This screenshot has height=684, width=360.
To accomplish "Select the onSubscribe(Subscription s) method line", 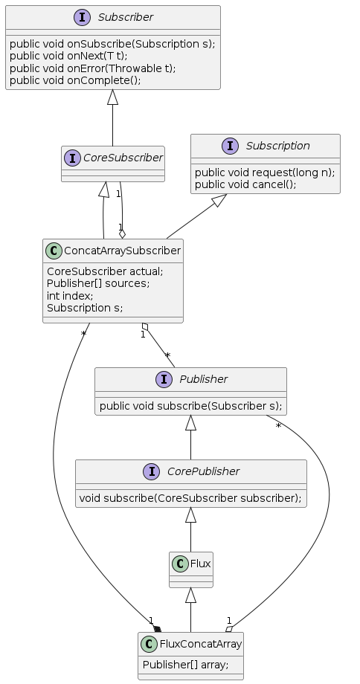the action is [x=112, y=44].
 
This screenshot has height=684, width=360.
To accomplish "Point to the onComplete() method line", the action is [x=75, y=81].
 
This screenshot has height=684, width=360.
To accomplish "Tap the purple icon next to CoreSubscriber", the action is [x=72, y=158].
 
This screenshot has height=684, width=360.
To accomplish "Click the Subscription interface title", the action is [x=277, y=146].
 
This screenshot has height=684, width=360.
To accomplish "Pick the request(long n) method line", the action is [x=265, y=172].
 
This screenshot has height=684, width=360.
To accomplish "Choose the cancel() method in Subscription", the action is [x=245, y=184].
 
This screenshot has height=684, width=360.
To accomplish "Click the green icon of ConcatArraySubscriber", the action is [x=54, y=251].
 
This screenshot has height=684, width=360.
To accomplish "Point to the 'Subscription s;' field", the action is [x=85, y=308].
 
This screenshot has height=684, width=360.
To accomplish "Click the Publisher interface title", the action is [x=203, y=379].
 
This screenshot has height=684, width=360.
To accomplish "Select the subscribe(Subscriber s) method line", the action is [x=190, y=406].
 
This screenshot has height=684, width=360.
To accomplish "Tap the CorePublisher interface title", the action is [x=203, y=471].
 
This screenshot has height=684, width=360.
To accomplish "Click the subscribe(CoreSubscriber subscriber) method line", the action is [x=190, y=498].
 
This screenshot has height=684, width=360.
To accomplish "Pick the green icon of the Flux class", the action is [x=180, y=564].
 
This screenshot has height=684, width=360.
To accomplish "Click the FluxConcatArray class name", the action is [x=201, y=644].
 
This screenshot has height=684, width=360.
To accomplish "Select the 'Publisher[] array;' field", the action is [x=186, y=665].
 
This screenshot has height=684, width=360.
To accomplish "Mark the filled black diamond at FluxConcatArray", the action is [x=157, y=629].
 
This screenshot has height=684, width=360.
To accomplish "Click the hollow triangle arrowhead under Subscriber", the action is [x=112, y=97].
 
